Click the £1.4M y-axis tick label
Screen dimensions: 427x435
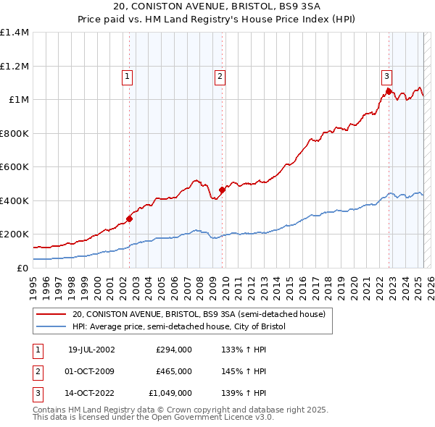point(14,33)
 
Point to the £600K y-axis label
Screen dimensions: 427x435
point(14,167)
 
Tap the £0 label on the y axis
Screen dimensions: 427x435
point(22,268)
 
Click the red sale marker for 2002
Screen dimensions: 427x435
point(129,219)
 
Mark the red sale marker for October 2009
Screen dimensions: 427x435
point(222,190)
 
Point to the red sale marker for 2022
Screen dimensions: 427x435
point(389,91)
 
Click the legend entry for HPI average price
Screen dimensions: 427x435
point(179,327)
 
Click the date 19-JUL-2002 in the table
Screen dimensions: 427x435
point(91,350)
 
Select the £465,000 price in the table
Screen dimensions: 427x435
point(174,371)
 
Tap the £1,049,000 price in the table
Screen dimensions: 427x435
point(170,394)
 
